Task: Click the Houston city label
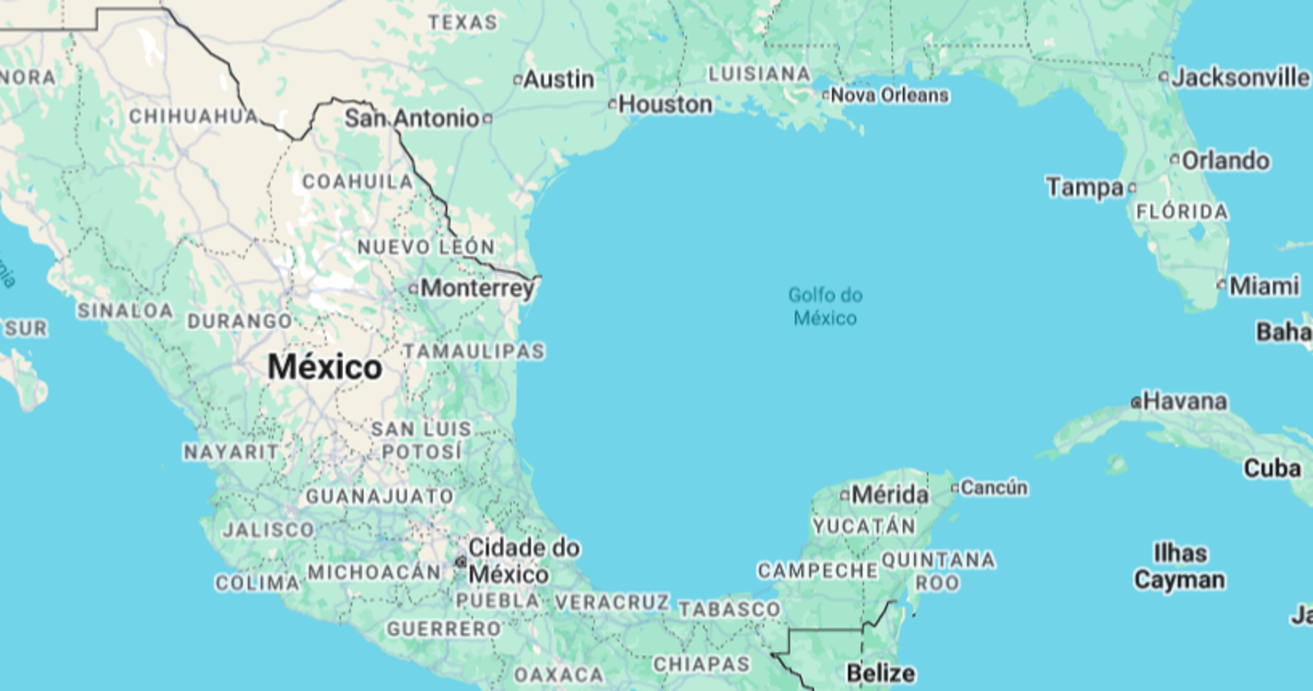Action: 665,105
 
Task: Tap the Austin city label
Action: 558,80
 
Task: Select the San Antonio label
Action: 412,118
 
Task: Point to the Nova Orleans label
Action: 890,95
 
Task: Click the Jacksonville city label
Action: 1240,77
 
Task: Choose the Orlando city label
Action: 1225,160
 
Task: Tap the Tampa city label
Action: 1084,188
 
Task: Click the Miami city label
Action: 1264,287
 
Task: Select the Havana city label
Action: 1185,402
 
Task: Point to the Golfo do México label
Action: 826,307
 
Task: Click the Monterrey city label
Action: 477,288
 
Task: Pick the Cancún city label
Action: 993,487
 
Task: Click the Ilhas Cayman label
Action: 1179,567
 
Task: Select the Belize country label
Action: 881,673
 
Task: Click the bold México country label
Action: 324,368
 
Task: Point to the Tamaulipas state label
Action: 474,351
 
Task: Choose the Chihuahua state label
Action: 193,116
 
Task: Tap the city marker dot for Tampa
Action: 1131,188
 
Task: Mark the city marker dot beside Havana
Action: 1136,403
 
